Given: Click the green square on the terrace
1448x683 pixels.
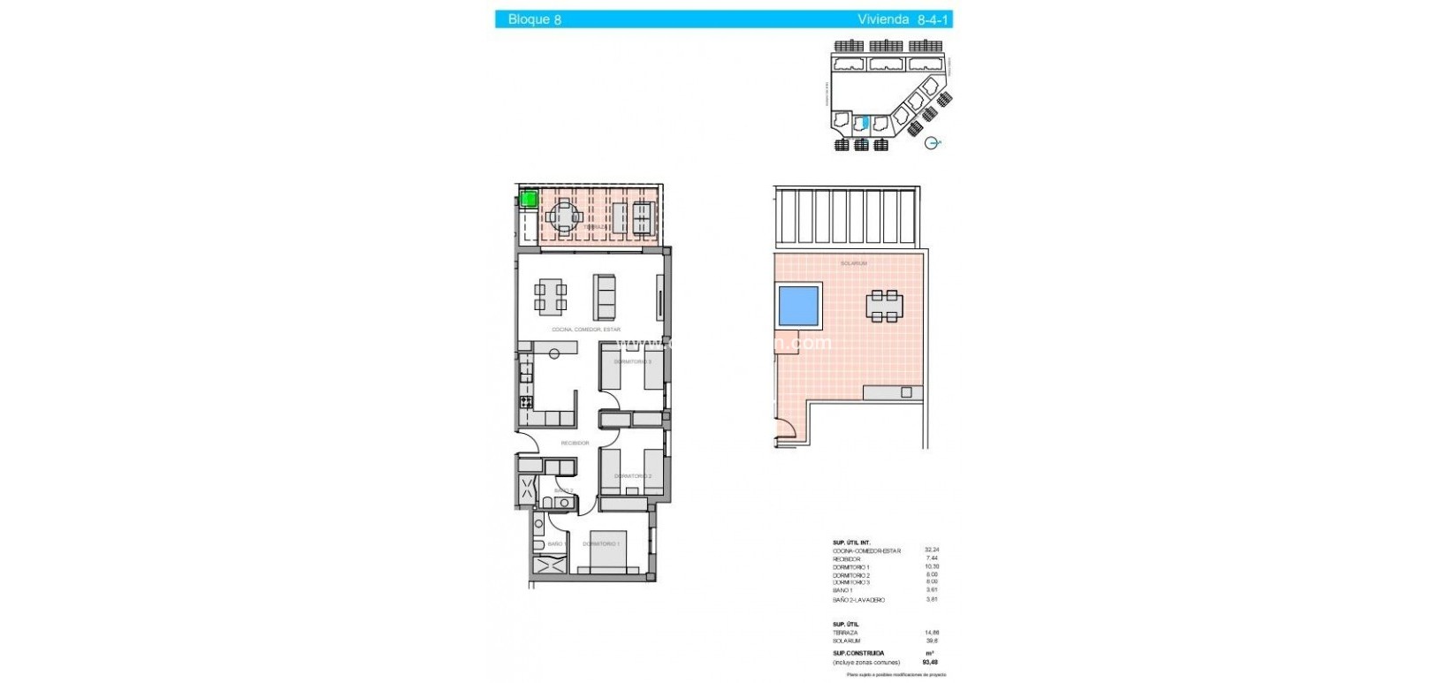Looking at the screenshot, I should (528, 199).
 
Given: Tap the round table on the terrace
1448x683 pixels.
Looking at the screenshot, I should (563, 216).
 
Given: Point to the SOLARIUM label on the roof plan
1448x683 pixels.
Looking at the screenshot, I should (853, 263).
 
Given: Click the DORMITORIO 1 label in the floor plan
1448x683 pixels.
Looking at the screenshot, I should (601, 543).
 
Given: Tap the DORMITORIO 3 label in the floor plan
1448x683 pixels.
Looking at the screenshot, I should (632, 361).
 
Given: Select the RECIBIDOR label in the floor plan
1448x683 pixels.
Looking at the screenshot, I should (575, 443).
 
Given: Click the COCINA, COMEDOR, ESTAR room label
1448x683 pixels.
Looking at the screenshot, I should (586, 330).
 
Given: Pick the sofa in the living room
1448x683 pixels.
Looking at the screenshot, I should (606, 297).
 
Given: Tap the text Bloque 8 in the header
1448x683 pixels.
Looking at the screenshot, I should (535, 19).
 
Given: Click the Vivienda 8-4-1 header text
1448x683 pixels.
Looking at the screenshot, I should (903, 19).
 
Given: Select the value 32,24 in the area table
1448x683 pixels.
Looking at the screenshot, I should (931, 550).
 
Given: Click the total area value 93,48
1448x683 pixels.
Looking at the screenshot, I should (931, 662).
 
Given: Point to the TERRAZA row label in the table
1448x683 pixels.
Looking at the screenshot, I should (845, 633).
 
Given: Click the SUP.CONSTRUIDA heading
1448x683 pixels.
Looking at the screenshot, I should (858, 653).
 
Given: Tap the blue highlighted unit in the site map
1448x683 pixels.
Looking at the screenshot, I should (865, 125).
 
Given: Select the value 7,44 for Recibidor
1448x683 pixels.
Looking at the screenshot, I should (931, 558).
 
